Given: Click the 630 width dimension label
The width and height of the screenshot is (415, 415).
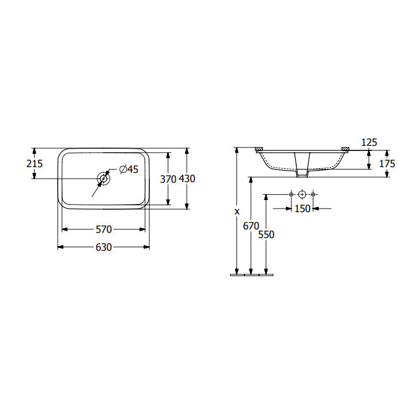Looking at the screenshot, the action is pyautogui.click(x=104, y=247).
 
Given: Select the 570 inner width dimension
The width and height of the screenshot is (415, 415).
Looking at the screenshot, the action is pyautogui.click(x=104, y=229).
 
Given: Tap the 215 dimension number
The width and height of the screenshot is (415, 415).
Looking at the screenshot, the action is pyautogui.click(x=35, y=164).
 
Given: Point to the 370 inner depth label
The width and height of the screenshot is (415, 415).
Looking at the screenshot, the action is pyautogui.click(x=168, y=179).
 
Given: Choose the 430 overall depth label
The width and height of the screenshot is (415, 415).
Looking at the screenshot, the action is pyautogui.click(x=187, y=179).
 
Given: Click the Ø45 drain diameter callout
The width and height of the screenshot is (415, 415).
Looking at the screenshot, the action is pyautogui.click(x=129, y=169).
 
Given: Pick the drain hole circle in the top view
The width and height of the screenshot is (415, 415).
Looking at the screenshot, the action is pyautogui.click(x=104, y=179).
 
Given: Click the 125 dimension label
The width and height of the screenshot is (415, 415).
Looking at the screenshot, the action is pyautogui.click(x=369, y=142).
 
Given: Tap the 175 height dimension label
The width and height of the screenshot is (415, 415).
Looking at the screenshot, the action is pyautogui.click(x=387, y=164).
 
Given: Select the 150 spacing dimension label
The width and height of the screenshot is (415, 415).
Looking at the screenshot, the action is pyautogui.click(x=302, y=209).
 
